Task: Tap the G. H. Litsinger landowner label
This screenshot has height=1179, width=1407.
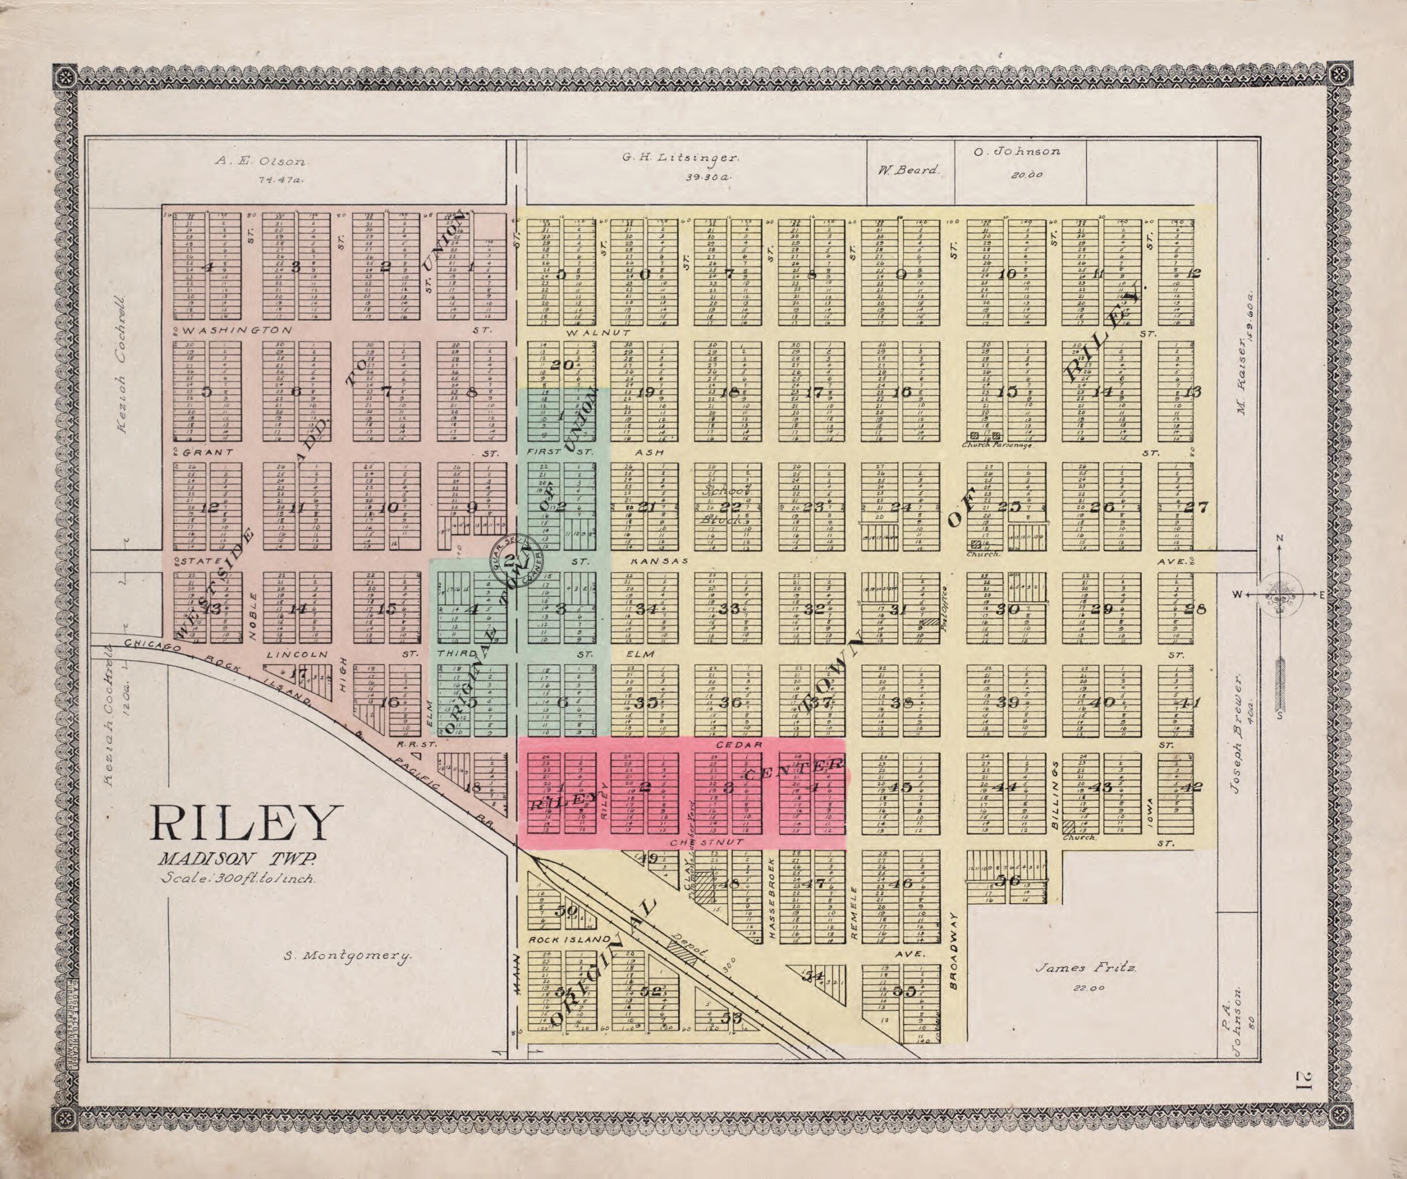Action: pos(680,158)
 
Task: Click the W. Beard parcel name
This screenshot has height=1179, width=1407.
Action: pos(909,170)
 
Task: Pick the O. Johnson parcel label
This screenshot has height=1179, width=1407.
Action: pos(1017,151)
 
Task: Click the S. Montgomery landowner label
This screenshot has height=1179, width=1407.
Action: pos(347,957)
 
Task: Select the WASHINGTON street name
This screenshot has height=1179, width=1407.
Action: pos(238,330)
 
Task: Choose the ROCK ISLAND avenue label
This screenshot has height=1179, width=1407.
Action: pos(569,940)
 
